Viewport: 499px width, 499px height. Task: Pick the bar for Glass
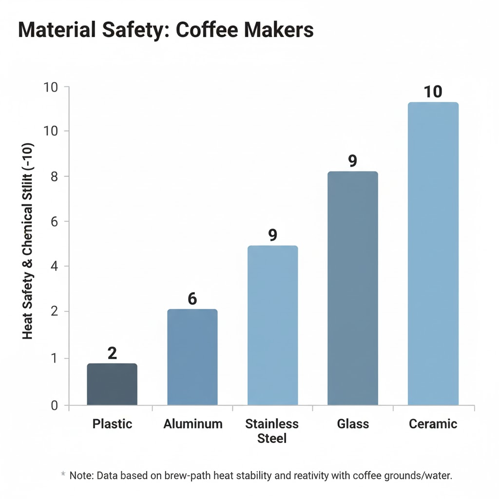coord(353,288)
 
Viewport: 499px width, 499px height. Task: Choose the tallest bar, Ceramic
coord(433,253)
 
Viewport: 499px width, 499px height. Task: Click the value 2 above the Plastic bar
coord(112,353)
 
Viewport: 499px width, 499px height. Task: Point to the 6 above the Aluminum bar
coord(192,299)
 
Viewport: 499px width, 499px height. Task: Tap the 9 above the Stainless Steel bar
coord(272,235)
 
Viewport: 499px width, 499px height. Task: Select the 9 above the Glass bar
coord(353,161)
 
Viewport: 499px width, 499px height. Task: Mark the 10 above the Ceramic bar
coord(433,92)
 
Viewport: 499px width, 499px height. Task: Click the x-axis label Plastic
coord(112,424)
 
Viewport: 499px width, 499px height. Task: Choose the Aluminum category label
coord(193,424)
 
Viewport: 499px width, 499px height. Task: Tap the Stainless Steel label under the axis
coord(272,431)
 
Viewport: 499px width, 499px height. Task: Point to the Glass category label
coord(353,424)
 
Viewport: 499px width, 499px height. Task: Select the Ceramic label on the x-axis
coord(433,424)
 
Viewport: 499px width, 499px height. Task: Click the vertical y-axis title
coord(28,241)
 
